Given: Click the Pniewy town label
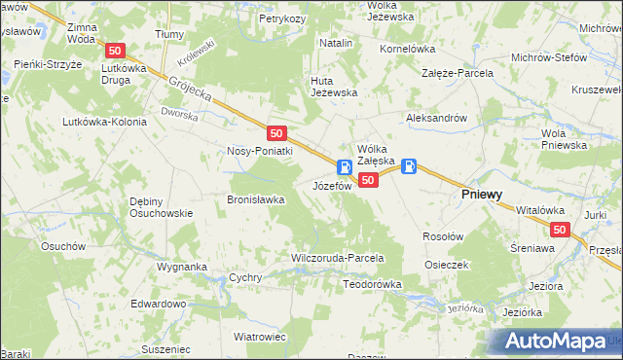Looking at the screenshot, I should [481, 195].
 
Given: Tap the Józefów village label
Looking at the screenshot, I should [331, 185].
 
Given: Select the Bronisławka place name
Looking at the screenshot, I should [255, 199].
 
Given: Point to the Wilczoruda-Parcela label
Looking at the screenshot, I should [338, 258].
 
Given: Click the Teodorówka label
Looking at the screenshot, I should [373, 284].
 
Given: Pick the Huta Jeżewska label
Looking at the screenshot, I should [334, 87].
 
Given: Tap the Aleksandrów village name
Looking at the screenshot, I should [437, 117].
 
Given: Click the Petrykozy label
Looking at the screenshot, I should [283, 18].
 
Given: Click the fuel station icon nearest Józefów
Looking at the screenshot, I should [345, 167].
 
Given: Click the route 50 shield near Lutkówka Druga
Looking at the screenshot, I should [116, 51].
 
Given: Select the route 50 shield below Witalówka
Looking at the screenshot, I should [559, 230].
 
